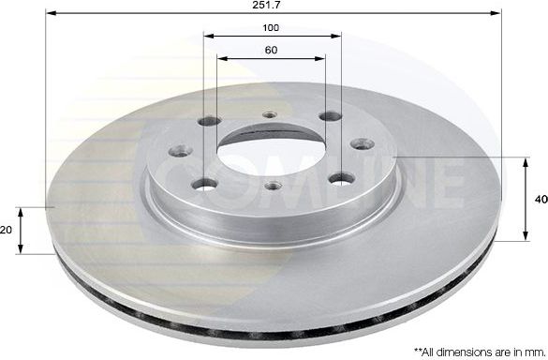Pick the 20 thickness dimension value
[7, 230]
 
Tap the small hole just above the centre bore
[271, 115]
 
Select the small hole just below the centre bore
[272, 185]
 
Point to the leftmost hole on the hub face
[180, 150]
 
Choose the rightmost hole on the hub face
[363, 144]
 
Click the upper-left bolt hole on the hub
[210, 121]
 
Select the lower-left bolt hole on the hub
[204, 184]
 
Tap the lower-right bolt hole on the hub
[343, 178]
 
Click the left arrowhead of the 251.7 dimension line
[50, 14]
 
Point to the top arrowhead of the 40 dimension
[523, 161]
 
